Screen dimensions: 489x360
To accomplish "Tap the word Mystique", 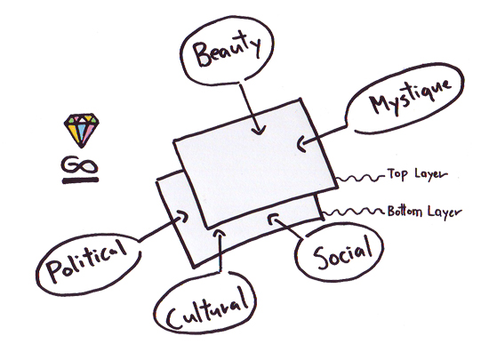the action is click(x=411, y=97).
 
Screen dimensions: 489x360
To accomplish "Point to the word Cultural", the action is click(x=207, y=308).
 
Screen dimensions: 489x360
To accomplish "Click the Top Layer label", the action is click(x=417, y=174).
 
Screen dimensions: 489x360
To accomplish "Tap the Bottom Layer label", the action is click(x=424, y=212).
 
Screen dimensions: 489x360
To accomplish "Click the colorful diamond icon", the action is click(x=82, y=130).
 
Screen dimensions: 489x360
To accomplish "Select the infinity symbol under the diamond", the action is click(x=79, y=164).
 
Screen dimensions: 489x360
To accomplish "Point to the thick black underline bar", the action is click(x=80, y=180).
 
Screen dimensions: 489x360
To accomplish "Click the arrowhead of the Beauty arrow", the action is click(x=259, y=130).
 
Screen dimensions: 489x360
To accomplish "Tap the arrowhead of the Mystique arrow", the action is click(x=301, y=144).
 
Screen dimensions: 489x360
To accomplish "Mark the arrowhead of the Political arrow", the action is click(x=182, y=216).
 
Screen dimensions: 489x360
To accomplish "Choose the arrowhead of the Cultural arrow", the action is click(x=220, y=234).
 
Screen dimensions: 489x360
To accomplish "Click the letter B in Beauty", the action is click(x=202, y=54).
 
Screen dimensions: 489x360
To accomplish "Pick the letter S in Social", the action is click(x=321, y=259).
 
